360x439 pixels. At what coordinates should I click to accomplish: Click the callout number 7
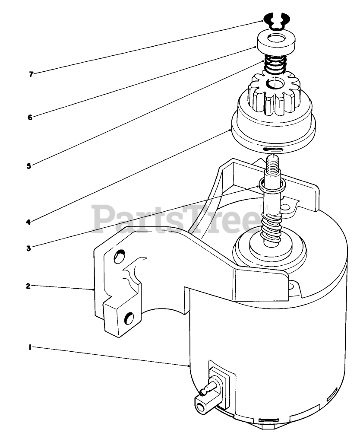coord(31,74)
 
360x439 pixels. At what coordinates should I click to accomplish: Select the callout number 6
coord(30,117)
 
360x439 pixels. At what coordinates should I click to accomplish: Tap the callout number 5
coord(28,165)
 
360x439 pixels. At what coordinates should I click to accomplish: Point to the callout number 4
coord(28,222)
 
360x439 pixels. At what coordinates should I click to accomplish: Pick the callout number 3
coord(28,248)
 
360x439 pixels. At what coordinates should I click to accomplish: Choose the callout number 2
coord(28,286)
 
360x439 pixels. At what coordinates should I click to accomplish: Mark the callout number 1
coord(30,347)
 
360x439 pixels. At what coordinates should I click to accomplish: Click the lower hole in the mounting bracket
coord(129,319)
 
